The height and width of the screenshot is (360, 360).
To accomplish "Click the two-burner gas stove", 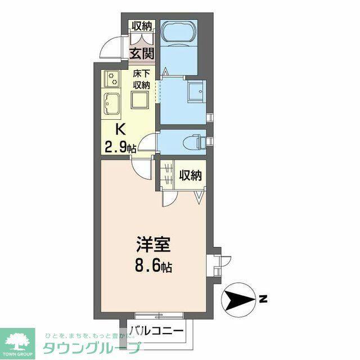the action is click(x=112, y=79).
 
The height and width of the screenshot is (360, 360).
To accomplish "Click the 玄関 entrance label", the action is click(x=141, y=53).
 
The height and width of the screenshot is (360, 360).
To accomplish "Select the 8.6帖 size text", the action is click(x=153, y=266).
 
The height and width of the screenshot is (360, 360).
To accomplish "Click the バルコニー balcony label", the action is click(x=157, y=331).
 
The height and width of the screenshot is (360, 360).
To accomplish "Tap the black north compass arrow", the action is click(x=239, y=300).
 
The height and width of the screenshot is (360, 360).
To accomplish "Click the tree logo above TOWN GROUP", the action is click(x=17, y=340).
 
